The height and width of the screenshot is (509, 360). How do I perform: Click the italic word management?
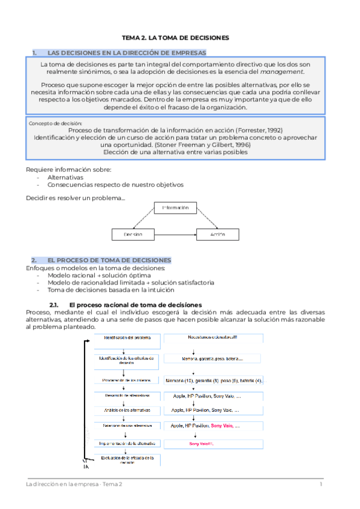click(287, 72)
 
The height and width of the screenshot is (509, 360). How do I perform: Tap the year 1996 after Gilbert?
click(227, 145)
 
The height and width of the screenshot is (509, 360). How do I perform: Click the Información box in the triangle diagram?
click(175, 208)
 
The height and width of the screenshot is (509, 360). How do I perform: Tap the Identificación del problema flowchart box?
click(122, 338)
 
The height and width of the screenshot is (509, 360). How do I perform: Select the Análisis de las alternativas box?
click(122, 410)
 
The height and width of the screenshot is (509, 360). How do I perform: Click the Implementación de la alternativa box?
click(122, 444)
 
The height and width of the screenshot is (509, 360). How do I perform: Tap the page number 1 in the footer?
click(321, 484)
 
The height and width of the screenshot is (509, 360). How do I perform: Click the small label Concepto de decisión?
click(51, 122)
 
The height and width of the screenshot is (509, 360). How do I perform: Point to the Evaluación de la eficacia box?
click(122, 460)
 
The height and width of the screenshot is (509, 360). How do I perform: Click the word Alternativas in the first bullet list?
click(65, 177)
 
